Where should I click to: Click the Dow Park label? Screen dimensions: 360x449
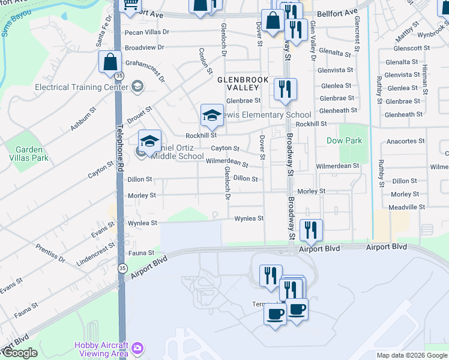(x=344, y=140)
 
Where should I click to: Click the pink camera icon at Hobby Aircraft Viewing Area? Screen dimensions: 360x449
(x=137, y=348)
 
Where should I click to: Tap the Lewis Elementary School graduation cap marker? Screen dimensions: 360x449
(x=212, y=115)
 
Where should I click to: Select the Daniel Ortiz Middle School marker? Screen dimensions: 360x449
(x=149, y=142)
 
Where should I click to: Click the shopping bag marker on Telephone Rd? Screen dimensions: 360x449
(x=110, y=62)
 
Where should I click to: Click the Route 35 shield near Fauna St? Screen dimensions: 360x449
(x=122, y=268)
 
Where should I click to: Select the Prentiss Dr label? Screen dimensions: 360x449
(x=50, y=253)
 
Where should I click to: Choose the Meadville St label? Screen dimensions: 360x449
(x=406, y=207)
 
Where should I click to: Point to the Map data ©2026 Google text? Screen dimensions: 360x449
(x=412, y=355)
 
